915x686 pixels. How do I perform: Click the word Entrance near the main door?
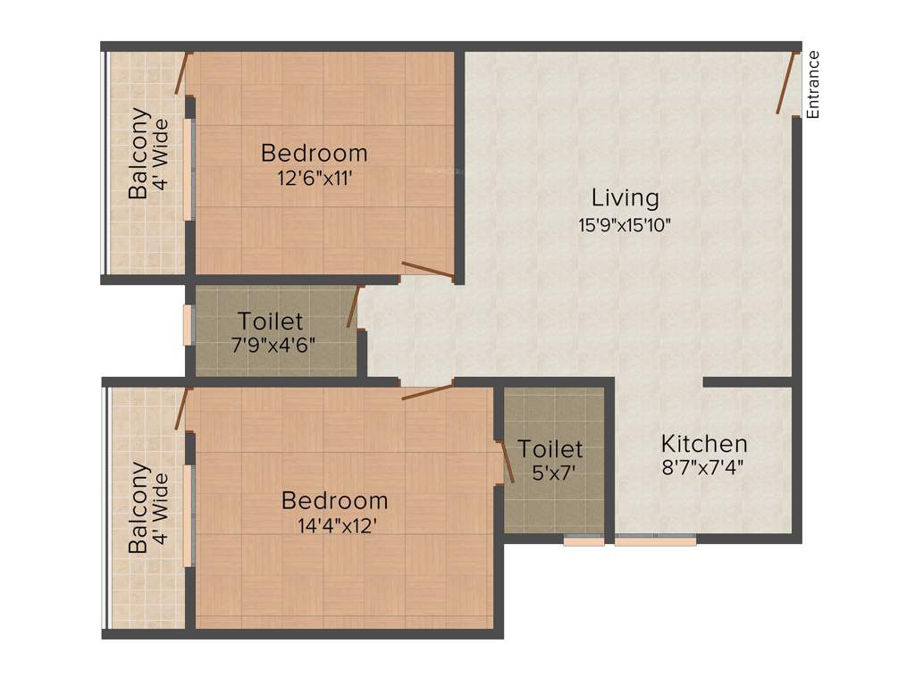tap(813, 85)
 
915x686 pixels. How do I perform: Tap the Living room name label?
tap(625, 197)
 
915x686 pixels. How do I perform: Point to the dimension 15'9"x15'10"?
tap(625, 225)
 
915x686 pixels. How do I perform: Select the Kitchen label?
tap(704, 443)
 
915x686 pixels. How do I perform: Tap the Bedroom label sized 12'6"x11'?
tap(314, 153)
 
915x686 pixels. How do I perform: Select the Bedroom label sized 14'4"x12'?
tap(334, 500)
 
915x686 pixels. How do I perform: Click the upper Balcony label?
tap(139, 153)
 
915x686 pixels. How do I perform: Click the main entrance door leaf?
tap(786, 83)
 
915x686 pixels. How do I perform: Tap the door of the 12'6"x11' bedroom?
tap(427, 271)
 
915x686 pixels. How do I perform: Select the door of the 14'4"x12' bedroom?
tap(427, 391)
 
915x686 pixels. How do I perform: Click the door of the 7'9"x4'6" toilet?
tap(353, 306)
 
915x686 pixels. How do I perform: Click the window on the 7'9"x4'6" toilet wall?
tap(188, 325)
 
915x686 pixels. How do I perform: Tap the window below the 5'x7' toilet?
tap(584, 540)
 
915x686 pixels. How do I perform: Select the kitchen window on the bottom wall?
tap(655, 540)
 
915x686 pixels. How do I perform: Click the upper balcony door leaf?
tap(182, 74)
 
